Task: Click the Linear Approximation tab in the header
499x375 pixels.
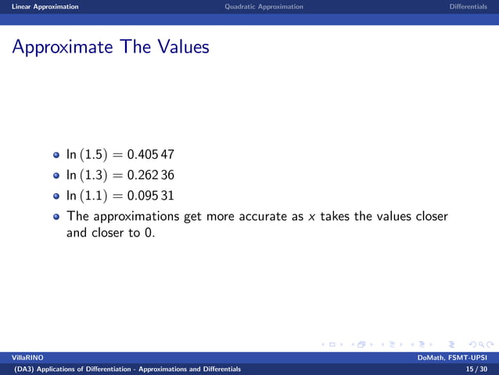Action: [39, 6]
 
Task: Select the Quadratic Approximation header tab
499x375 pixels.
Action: [263, 6]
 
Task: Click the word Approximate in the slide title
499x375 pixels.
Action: [61, 48]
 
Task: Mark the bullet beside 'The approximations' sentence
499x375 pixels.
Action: [56, 216]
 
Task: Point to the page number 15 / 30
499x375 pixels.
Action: [476, 369]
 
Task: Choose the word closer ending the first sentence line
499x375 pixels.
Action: [431, 216]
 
